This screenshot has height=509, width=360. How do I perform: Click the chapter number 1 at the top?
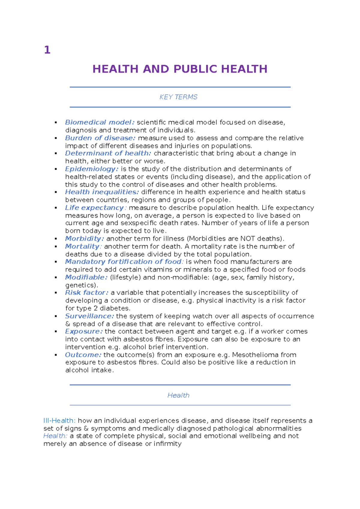pos(47,50)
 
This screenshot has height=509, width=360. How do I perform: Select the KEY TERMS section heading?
pos(178,97)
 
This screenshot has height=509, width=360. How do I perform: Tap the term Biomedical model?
pos(100,122)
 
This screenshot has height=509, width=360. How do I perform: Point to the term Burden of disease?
pos(100,138)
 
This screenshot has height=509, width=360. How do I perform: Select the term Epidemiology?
pos(91,169)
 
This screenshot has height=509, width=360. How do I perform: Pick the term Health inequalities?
pos(102,192)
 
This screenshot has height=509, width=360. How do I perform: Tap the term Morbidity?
pos(84,239)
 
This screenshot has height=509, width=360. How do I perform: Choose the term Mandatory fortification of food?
pos(123,261)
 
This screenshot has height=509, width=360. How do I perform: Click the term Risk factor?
pos(86,293)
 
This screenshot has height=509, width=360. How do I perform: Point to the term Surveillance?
pos(89,316)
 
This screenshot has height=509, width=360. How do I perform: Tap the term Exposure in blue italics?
pos(84,331)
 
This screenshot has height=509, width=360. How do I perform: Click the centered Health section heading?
pos(178,395)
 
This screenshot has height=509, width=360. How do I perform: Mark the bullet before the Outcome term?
pos(56,355)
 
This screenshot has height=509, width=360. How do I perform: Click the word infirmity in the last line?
pos(168,444)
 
